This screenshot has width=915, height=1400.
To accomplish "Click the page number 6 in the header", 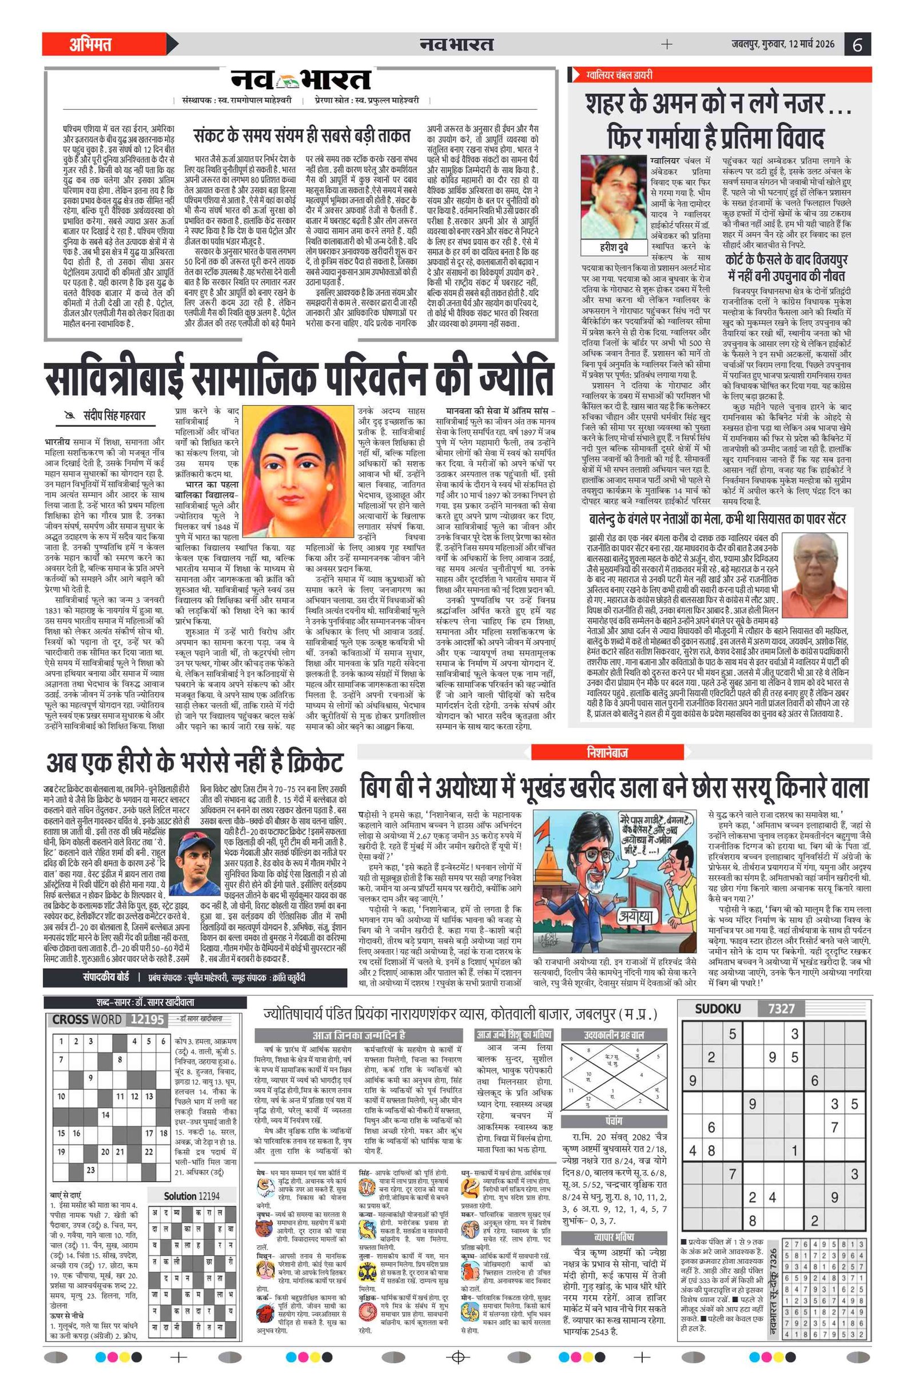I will (x=857, y=45).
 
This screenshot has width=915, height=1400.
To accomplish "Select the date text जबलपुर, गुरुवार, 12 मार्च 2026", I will (x=783, y=44).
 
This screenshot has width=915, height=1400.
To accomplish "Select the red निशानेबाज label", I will (x=607, y=752).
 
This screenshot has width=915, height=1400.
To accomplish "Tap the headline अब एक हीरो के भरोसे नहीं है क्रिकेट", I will (x=194, y=763).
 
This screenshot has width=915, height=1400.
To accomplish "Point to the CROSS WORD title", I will (x=87, y=1020).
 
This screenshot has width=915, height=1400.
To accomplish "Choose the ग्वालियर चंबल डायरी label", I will (x=619, y=75).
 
